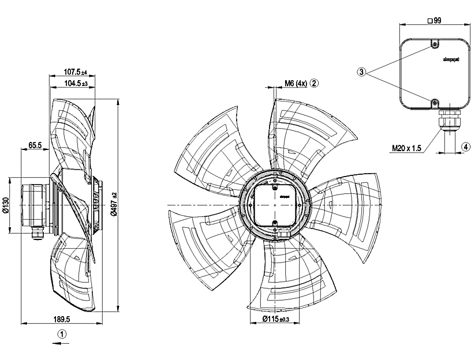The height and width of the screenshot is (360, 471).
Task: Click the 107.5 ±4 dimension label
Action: (x=74, y=72)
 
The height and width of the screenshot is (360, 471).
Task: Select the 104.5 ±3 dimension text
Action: (x=74, y=83)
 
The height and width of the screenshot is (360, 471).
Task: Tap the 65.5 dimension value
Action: (x=34, y=145)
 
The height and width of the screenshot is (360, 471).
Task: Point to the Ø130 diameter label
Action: (x=5, y=205)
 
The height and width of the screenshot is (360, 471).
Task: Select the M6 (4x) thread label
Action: (x=295, y=83)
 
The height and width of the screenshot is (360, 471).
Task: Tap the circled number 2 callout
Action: (x=315, y=83)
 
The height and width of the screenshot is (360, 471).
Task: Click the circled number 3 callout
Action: (x=361, y=72)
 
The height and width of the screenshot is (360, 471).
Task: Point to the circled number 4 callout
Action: (x=465, y=147)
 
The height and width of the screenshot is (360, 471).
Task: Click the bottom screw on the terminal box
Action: (x=434, y=102)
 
